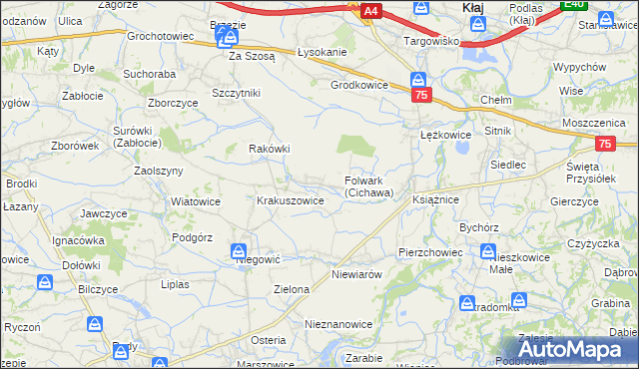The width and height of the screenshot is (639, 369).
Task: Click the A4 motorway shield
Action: pos(370,11)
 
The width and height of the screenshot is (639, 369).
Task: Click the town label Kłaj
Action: pos(474,7)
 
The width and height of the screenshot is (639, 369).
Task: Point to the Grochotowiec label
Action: pos(160,36)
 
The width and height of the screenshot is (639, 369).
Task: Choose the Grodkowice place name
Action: pos(359,85)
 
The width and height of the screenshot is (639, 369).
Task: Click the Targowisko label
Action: pos(430,41)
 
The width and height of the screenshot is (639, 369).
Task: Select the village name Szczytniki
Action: pos(236,93)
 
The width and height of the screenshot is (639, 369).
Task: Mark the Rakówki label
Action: pos(269,149)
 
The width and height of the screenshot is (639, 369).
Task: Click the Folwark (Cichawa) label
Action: pos(369,186)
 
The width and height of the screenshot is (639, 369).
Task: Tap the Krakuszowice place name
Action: pos(291,200)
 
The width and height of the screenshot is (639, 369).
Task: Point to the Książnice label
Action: pos(434,200)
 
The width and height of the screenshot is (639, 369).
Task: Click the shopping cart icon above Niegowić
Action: pos(240,251)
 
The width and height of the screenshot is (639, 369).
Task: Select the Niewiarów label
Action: pos(356,272)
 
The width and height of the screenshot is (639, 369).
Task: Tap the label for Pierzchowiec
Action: pos(430,252)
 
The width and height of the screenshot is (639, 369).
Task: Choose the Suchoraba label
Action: pos(149,74)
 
